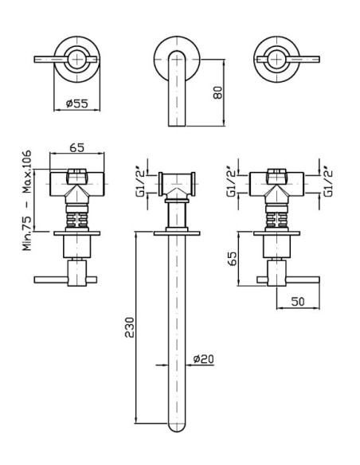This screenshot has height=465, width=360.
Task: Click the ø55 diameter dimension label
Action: pyautogui.click(x=76, y=104)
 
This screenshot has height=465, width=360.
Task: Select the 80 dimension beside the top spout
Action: pyautogui.click(x=217, y=92)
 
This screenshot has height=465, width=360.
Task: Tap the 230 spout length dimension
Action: pyautogui.click(x=129, y=327)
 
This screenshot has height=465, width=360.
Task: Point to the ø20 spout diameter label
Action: pyautogui.click(x=203, y=359)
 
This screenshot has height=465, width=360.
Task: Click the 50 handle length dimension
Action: pyautogui.click(x=298, y=301)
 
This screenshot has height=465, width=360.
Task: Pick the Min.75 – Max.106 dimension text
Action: pyautogui.click(x=27, y=201)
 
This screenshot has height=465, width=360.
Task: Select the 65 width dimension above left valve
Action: pyautogui.click(x=76, y=147)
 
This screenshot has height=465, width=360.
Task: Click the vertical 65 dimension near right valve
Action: pyautogui.click(x=233, y=259)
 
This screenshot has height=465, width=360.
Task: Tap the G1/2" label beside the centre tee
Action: pyautogui.click(x=139, y=184)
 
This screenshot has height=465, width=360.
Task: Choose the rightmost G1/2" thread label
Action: pyautogui.click(x=328, y=184)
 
